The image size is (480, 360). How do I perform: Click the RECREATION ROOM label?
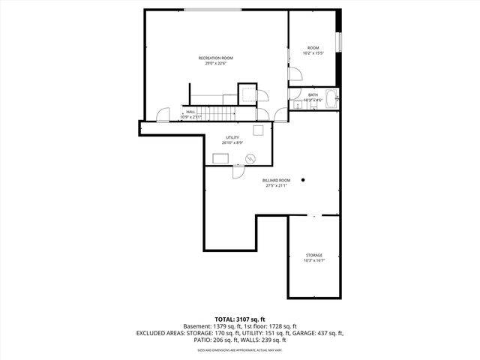215,58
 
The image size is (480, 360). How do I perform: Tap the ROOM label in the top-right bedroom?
313,48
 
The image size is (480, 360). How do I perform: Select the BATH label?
313,94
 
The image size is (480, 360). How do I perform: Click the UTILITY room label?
232,137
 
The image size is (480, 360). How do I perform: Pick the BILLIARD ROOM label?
276,180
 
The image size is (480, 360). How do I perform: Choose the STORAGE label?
313,255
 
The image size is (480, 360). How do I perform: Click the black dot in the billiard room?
304,180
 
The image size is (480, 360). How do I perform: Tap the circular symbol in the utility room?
251,157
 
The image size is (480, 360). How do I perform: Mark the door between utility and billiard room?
238,171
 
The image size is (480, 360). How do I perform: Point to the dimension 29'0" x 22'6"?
215,64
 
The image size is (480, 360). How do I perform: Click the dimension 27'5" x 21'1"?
276,186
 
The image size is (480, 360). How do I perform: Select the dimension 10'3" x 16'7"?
313,261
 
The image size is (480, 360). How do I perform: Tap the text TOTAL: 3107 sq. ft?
240,319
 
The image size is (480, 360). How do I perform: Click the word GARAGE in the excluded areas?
306,333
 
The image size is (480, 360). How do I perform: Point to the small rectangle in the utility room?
221,157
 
